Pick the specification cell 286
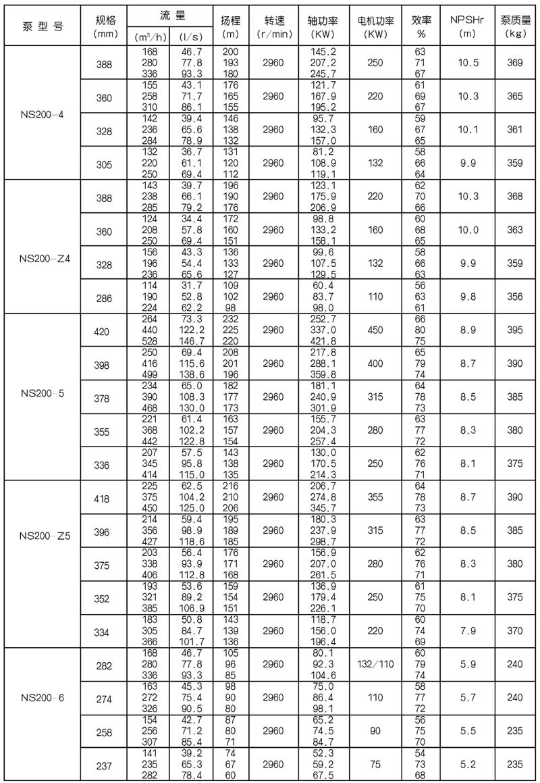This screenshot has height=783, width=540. coord(105,296)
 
